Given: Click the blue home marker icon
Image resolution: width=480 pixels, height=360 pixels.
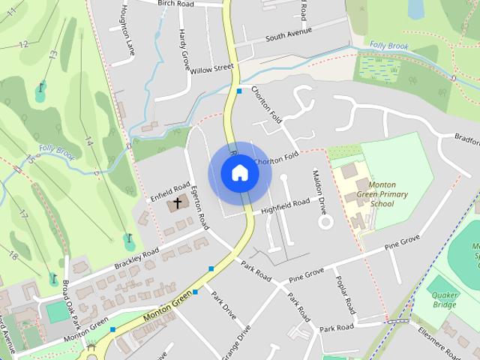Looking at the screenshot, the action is coord(240,173).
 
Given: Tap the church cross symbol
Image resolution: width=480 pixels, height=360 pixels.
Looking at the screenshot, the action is coord(178,202).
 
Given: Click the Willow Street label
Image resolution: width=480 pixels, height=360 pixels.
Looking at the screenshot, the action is coord(211,69).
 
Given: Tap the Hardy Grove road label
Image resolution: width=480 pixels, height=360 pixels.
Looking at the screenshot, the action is coord(184,49).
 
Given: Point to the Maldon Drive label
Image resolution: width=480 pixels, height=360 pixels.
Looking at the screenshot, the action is coord(319,188).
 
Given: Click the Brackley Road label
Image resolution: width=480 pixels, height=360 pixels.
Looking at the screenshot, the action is coord(138,258).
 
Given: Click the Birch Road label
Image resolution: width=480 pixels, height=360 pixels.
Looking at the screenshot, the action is coord(175,3).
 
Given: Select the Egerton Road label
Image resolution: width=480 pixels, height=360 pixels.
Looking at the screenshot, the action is coord(199,206).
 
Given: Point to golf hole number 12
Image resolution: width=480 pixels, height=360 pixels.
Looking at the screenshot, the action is coord(23,44).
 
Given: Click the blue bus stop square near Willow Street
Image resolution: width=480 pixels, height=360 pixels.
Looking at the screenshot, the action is coord(238,91).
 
